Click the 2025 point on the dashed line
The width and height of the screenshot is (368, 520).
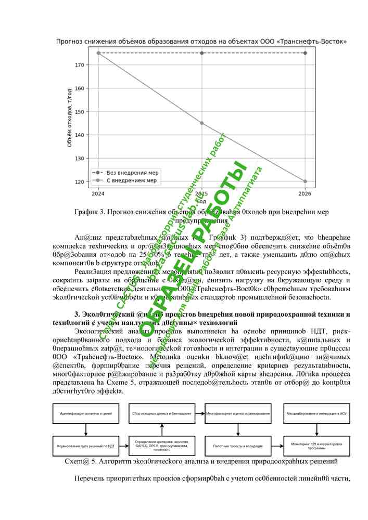click(202, 53)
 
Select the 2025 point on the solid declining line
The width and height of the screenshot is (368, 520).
click(202, 123)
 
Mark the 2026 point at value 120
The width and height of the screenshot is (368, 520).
click(305, 181)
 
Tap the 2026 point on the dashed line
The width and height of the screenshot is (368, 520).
click(305, 53)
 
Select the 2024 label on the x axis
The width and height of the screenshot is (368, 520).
click(98, 194)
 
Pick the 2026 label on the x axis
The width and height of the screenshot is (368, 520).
click(305, 194)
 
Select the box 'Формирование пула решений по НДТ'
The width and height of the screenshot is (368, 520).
click(85, 446)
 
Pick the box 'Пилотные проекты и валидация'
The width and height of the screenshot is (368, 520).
click(238, 446)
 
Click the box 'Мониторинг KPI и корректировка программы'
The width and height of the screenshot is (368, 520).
click(316, 446)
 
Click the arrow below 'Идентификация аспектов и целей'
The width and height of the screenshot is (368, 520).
click(85, 430)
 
